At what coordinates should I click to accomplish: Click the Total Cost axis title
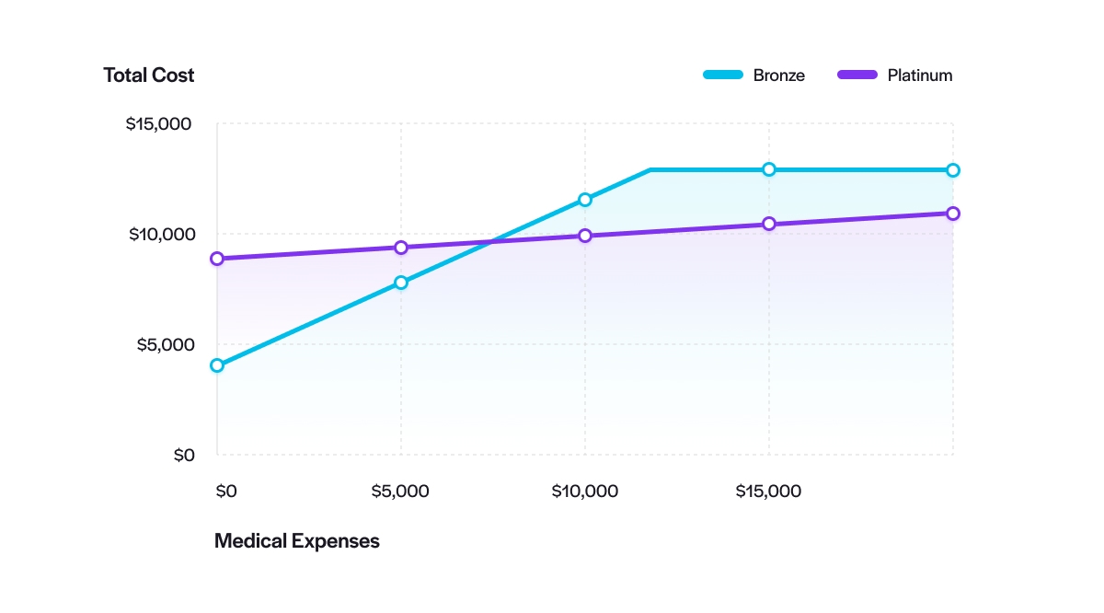point(148,75)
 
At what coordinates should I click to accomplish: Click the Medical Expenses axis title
point(296,541)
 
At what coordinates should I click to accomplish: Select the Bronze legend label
point(778,75)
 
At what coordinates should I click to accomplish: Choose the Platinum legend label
point(919,75)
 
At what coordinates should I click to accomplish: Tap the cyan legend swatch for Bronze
point(722,75)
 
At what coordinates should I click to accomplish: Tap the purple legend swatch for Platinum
point(857,75)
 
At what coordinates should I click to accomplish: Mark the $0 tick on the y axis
point(184,455)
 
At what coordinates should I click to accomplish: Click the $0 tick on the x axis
point(225,491)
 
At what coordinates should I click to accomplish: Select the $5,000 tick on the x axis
point(400,491)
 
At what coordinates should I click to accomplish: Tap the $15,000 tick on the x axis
point(768,491)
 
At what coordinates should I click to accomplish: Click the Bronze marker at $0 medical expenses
point(217,365)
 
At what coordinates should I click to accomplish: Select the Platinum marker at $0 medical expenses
point(217,259)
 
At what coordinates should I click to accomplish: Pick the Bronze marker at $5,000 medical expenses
point(401,283)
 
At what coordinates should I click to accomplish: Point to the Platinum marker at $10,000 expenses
point(585,236)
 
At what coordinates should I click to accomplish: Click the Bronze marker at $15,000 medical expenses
point(769,169)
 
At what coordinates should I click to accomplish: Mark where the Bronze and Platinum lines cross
point(492,242)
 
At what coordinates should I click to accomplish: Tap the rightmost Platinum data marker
point(953,214)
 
